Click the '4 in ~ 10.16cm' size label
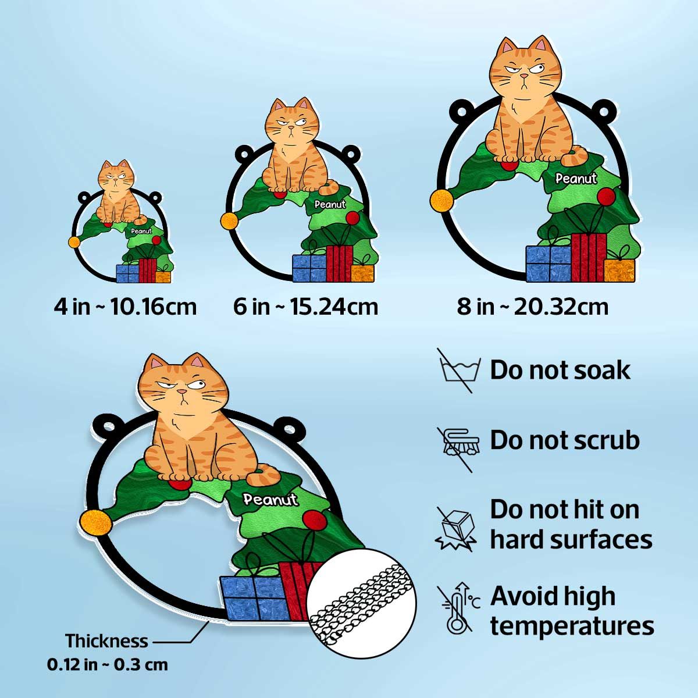(125, 307)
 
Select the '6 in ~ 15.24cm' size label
(305, 307)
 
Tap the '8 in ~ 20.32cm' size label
(532, 307)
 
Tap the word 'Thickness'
(106, 641)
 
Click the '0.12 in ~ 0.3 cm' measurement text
(108, 664)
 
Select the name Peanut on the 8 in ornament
(576, 179)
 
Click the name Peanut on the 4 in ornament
(141, 231)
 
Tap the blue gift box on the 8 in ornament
(549, 263)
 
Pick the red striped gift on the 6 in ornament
(339, 263)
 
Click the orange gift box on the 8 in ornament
(619, 270)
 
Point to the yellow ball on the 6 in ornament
(229, 221)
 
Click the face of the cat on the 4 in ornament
(116, 176)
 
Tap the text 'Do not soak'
(560, 370)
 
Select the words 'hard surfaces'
(571, 539)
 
